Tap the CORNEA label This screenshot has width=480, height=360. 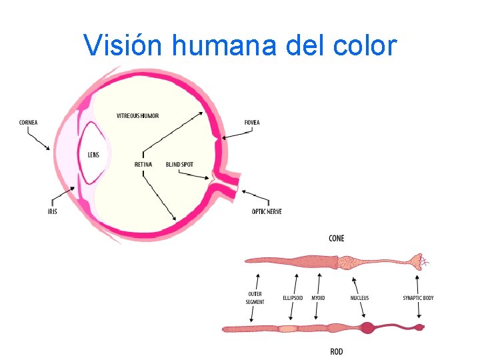(29, 122)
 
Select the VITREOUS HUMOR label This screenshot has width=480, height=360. (138, 116)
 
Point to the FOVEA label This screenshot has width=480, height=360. (252, 123)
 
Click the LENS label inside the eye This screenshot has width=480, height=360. (93, 155)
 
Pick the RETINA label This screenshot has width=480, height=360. (143, 164)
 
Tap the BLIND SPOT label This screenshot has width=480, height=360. (179, 164)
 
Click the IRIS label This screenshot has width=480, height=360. (52, 211)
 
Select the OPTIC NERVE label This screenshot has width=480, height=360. (267, 211)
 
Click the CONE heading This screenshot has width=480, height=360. (337, 239)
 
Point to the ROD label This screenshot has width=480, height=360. (337, 351)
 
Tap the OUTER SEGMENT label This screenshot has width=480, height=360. (255, 298)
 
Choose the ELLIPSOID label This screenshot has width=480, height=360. (292, 298)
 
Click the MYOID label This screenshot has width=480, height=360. (318, 298)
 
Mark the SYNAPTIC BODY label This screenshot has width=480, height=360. (418, 298)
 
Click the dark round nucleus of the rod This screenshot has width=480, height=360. (367, 327)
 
